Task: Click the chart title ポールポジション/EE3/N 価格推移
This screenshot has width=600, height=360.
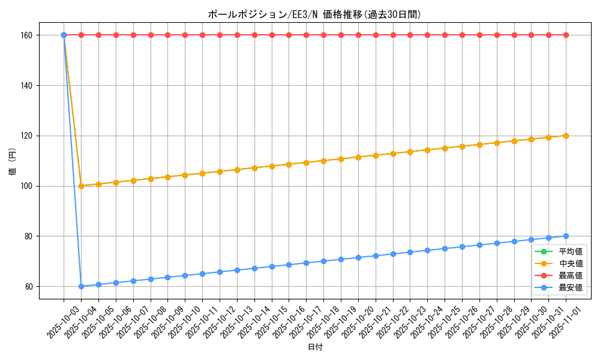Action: pos(319,14)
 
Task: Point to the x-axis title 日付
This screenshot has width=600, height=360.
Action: pos(315,347)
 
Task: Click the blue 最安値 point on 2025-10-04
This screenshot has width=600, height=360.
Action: pos(81,286)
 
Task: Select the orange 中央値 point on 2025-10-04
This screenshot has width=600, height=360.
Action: pos(81,186)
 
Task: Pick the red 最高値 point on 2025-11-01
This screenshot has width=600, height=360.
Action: pos(566,35)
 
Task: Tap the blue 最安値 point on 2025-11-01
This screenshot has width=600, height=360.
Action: pos(566,236)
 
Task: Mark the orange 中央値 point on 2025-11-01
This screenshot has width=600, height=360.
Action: pos(566,136)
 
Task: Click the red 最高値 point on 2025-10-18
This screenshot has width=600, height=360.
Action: pos(323,35)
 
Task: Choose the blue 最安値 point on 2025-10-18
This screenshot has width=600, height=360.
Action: pos(323,261)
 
